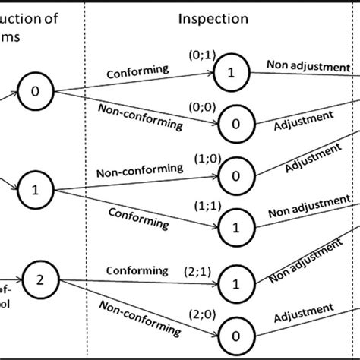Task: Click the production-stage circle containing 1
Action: coord(36,185)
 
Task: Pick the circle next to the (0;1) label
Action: coord(227,74)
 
